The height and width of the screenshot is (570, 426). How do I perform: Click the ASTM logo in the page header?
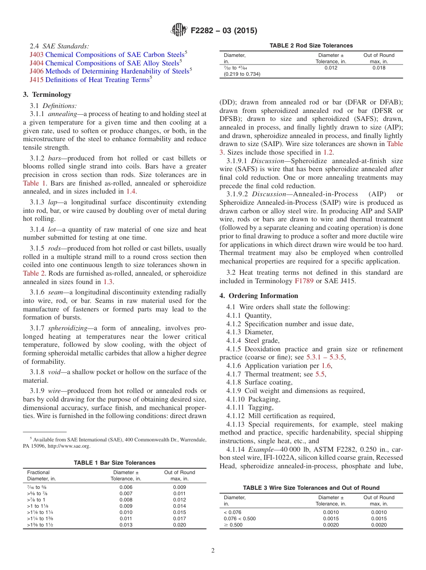(179, 30)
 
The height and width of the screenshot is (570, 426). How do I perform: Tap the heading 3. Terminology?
(47, 95)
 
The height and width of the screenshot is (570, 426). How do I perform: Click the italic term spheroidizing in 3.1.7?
(68, 328)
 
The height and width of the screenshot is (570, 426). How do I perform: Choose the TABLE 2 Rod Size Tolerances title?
(311, 46)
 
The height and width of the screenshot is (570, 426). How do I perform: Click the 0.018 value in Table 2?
(378, 68)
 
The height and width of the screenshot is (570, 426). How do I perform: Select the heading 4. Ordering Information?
(259, 296)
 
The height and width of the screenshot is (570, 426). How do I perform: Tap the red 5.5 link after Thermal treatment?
(320, 374)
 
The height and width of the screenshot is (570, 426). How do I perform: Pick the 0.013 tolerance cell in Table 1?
(126, 525)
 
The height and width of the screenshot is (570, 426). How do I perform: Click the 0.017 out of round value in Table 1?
(179, 519)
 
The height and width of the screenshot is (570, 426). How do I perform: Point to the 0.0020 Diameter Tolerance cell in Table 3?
(331, 525)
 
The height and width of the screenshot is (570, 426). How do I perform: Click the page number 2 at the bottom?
(213, 551)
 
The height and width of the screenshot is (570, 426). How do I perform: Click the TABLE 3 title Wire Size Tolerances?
(311, 488)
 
